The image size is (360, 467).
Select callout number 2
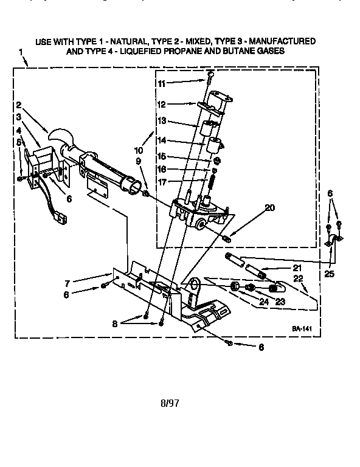19,104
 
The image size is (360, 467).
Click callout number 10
139,150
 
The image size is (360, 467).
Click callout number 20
270,207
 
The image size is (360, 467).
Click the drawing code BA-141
301,328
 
